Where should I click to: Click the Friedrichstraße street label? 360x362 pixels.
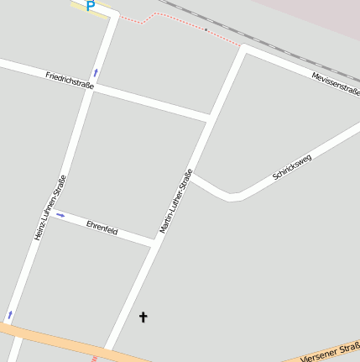point(70,81)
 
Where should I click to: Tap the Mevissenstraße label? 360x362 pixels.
point(335,83)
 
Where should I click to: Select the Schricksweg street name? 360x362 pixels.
point(291,167)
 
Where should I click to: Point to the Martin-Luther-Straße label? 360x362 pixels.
point(176,201)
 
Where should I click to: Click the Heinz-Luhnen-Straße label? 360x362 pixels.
point(50,207)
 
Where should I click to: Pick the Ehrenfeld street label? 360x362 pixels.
point(102,229)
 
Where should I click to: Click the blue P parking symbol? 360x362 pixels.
point(90,6)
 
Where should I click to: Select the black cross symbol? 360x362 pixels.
point(143,317)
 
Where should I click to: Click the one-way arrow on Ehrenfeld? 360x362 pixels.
point(60,215)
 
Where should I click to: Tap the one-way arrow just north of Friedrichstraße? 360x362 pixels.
point(96,73)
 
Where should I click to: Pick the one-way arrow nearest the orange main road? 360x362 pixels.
point(10,314)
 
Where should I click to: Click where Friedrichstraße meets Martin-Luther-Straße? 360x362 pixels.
point(208,117)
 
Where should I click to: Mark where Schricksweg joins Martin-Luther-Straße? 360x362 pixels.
point(192,175)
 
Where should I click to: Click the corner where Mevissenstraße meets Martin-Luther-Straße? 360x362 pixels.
point(245,49)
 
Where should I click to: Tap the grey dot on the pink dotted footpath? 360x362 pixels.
point(206,29)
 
